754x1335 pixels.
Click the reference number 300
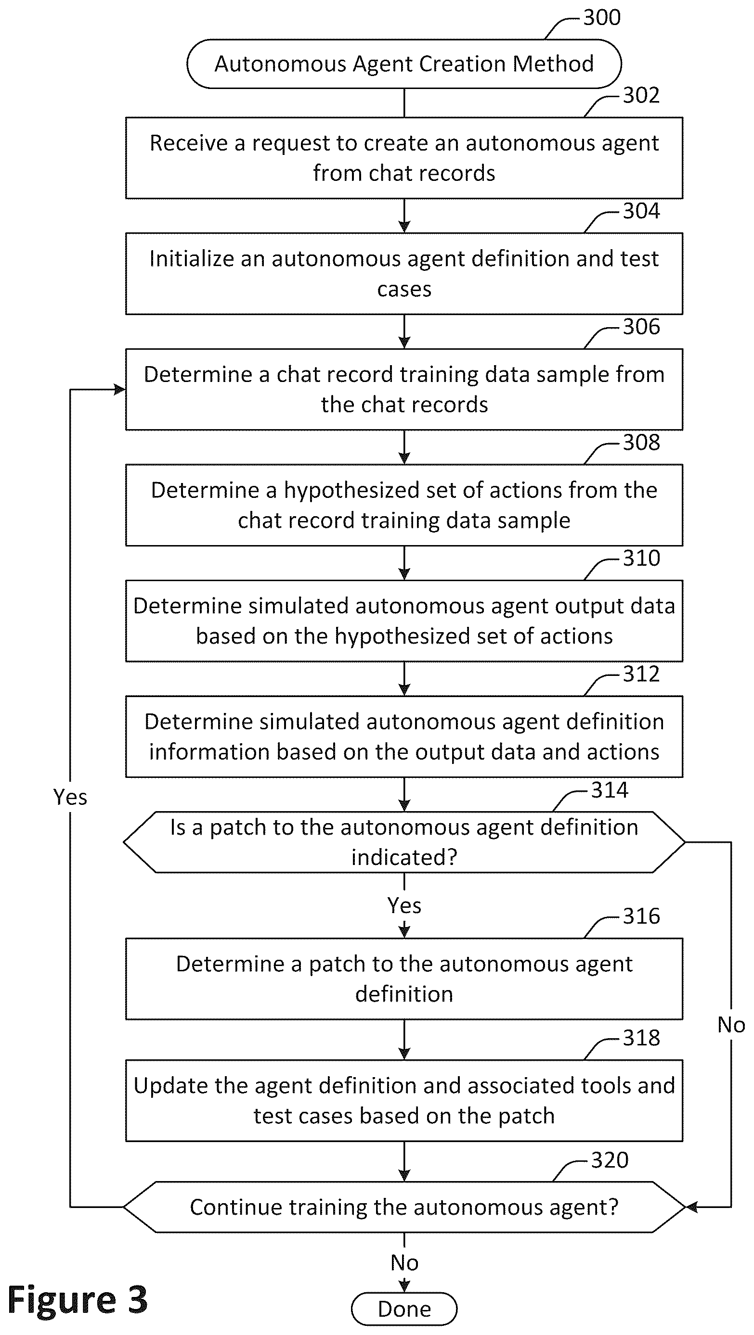(601, 17)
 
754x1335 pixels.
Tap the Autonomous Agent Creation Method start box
(404, 64)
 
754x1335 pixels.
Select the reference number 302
(641, 95)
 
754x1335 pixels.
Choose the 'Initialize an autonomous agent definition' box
(404, 274)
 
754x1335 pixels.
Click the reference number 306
(641, 327)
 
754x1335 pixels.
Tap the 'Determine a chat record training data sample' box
(404, 389)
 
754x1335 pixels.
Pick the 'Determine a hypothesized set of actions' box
(404, 505)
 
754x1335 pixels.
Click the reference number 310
(641, 558)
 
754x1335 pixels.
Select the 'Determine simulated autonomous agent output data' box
(404, 621)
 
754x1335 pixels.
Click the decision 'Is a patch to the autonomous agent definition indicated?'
(404, 842)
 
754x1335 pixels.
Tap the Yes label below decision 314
(404, 905)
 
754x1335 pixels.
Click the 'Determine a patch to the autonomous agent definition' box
(404, 979)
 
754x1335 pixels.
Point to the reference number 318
(641, 1038)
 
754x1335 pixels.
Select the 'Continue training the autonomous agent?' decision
(404, 1207)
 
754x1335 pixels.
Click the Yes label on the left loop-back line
(70, 797)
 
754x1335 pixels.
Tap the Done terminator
(404, 1309)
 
